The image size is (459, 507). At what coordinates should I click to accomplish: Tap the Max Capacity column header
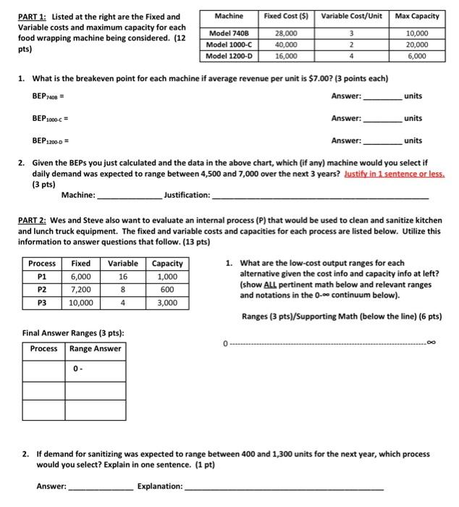tap(416, 15)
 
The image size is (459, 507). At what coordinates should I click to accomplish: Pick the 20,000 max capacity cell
tap(416, 44)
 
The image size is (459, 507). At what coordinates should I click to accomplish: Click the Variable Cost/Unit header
tap(350, 15)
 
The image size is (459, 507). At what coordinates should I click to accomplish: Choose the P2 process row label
tap(42, 290)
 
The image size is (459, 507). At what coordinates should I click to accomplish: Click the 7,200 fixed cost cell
tap(80, 290)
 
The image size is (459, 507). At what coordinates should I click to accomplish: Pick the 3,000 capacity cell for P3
tap(167, 303)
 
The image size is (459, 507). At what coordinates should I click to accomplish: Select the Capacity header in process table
tap(167, 264)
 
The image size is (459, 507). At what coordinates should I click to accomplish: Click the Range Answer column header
tap(96, 348)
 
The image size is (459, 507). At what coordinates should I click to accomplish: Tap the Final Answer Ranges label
tap(72, 332)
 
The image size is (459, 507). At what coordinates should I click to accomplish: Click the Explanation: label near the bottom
tap(160, 487)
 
